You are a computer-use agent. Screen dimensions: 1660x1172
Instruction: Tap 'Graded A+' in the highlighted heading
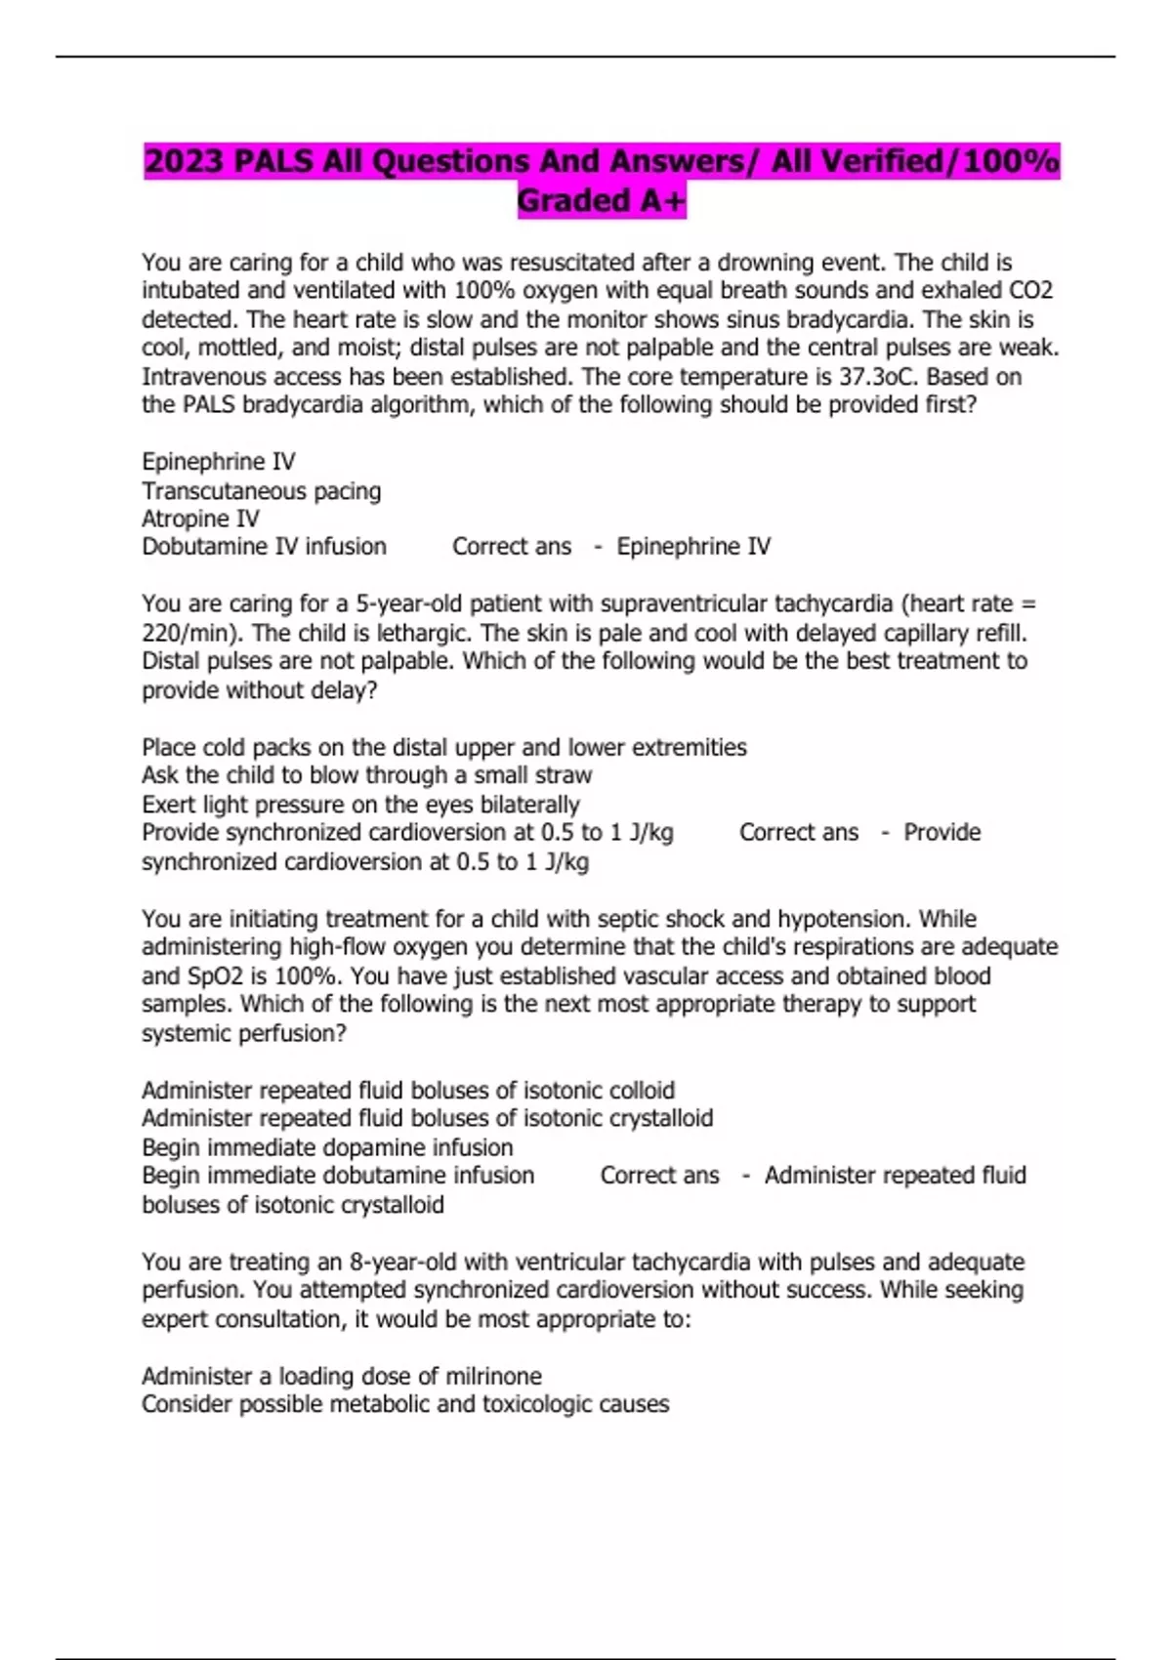(602, 200)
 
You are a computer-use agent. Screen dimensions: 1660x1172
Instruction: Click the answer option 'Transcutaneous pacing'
(262, 490)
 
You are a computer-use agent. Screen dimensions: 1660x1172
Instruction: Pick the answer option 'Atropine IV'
(200, 519)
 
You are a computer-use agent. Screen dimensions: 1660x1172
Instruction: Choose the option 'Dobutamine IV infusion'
(264, 547)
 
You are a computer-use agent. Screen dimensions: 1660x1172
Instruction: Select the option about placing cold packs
(443, 747)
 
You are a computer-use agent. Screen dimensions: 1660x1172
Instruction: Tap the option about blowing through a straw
(366, 775)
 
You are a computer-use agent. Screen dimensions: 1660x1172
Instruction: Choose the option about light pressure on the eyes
(360, 805)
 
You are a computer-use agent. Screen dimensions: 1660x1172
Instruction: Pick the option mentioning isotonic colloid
(408, 1090)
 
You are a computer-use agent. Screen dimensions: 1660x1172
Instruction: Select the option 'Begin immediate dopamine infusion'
(327, 1147)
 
